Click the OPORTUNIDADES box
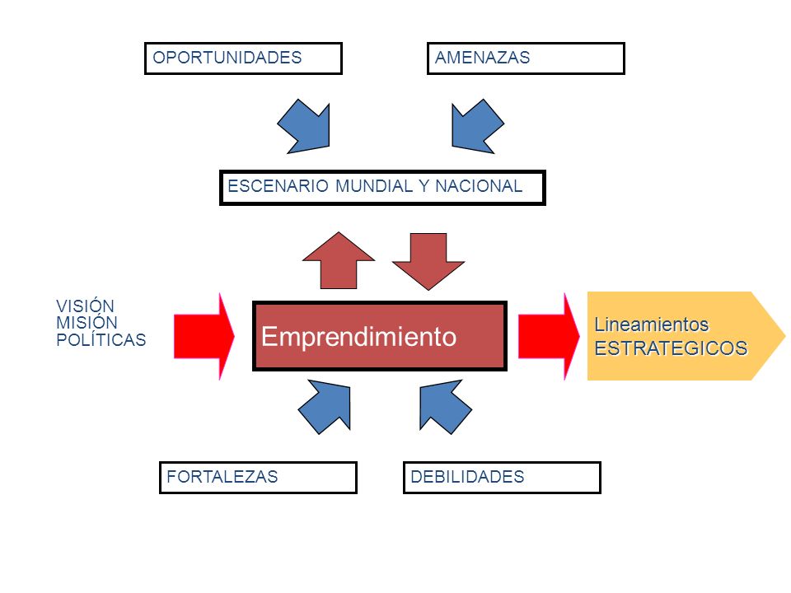tap(243, 58)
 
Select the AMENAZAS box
tap(526, 58)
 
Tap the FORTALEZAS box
tap(258, 478)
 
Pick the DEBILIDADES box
tap(502, 478)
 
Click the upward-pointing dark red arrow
tap(339, 261)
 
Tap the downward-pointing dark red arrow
tap(428, 261)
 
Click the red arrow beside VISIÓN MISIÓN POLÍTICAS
tap(204, 336)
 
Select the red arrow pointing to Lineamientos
tap(549, 336)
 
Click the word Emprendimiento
tap(358, 336)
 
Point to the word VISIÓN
tap(85, 306)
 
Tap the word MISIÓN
tap(87, 323)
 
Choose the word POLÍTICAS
tap(101, 340)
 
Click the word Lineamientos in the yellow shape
tap(651, 325)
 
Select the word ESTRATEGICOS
tap(671, 348)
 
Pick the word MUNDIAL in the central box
tap(374, 186)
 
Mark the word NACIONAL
tap(479, 186)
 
